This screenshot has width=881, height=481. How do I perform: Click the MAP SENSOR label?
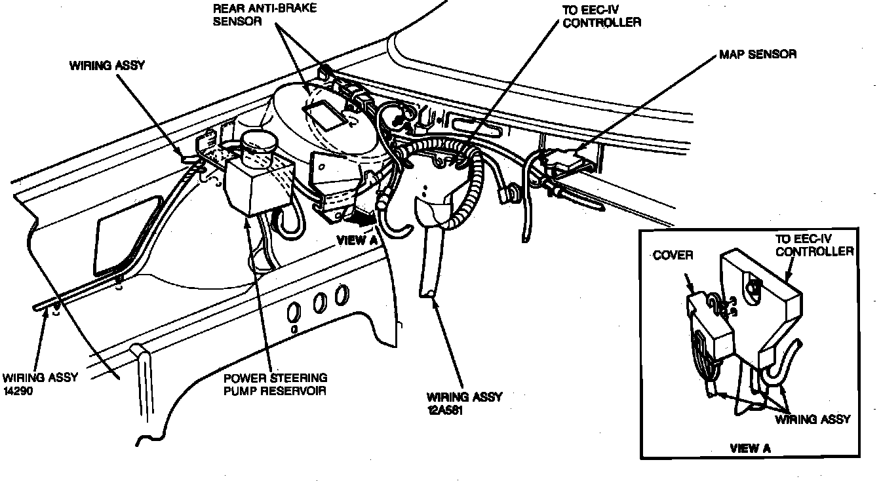click(757, 54)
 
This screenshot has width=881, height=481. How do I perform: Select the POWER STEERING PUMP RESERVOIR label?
click(275, 385)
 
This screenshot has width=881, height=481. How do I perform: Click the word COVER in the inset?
click(673, 255)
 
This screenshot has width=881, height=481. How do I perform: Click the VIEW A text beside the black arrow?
click(357, 240)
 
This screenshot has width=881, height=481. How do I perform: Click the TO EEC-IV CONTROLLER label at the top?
click(601, 16)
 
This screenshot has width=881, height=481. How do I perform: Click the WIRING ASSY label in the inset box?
click(812, 419)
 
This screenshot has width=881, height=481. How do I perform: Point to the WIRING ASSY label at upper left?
click(106, 66)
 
